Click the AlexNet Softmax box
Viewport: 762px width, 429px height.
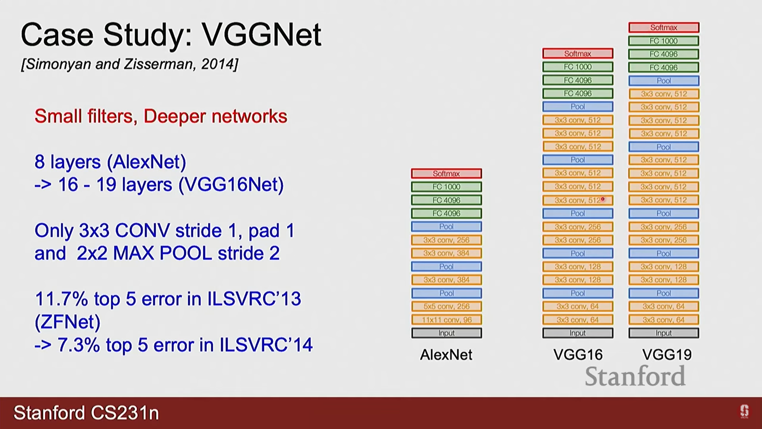(446, 174)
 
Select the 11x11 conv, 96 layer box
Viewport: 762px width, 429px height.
(446, 320)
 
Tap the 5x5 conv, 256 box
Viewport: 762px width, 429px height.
(446, 306)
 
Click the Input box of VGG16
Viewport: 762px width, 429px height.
(577, 333)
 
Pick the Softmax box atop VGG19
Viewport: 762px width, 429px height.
(664, 27)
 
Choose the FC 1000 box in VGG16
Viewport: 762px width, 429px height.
(577, 67)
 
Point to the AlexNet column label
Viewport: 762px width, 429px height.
(446, 355)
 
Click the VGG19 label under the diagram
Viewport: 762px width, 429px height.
(667, 355)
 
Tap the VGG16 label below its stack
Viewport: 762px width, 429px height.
(578, 355)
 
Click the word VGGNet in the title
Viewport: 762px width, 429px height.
(262, 35)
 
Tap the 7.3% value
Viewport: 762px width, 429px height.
(78, 345)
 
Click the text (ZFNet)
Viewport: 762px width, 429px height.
(67, 322)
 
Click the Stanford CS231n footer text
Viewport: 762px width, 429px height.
(86, 413)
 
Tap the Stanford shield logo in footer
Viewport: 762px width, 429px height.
(744, 411)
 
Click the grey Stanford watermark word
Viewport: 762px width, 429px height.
(635, 376)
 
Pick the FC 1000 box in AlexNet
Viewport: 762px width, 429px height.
(446, 187)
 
